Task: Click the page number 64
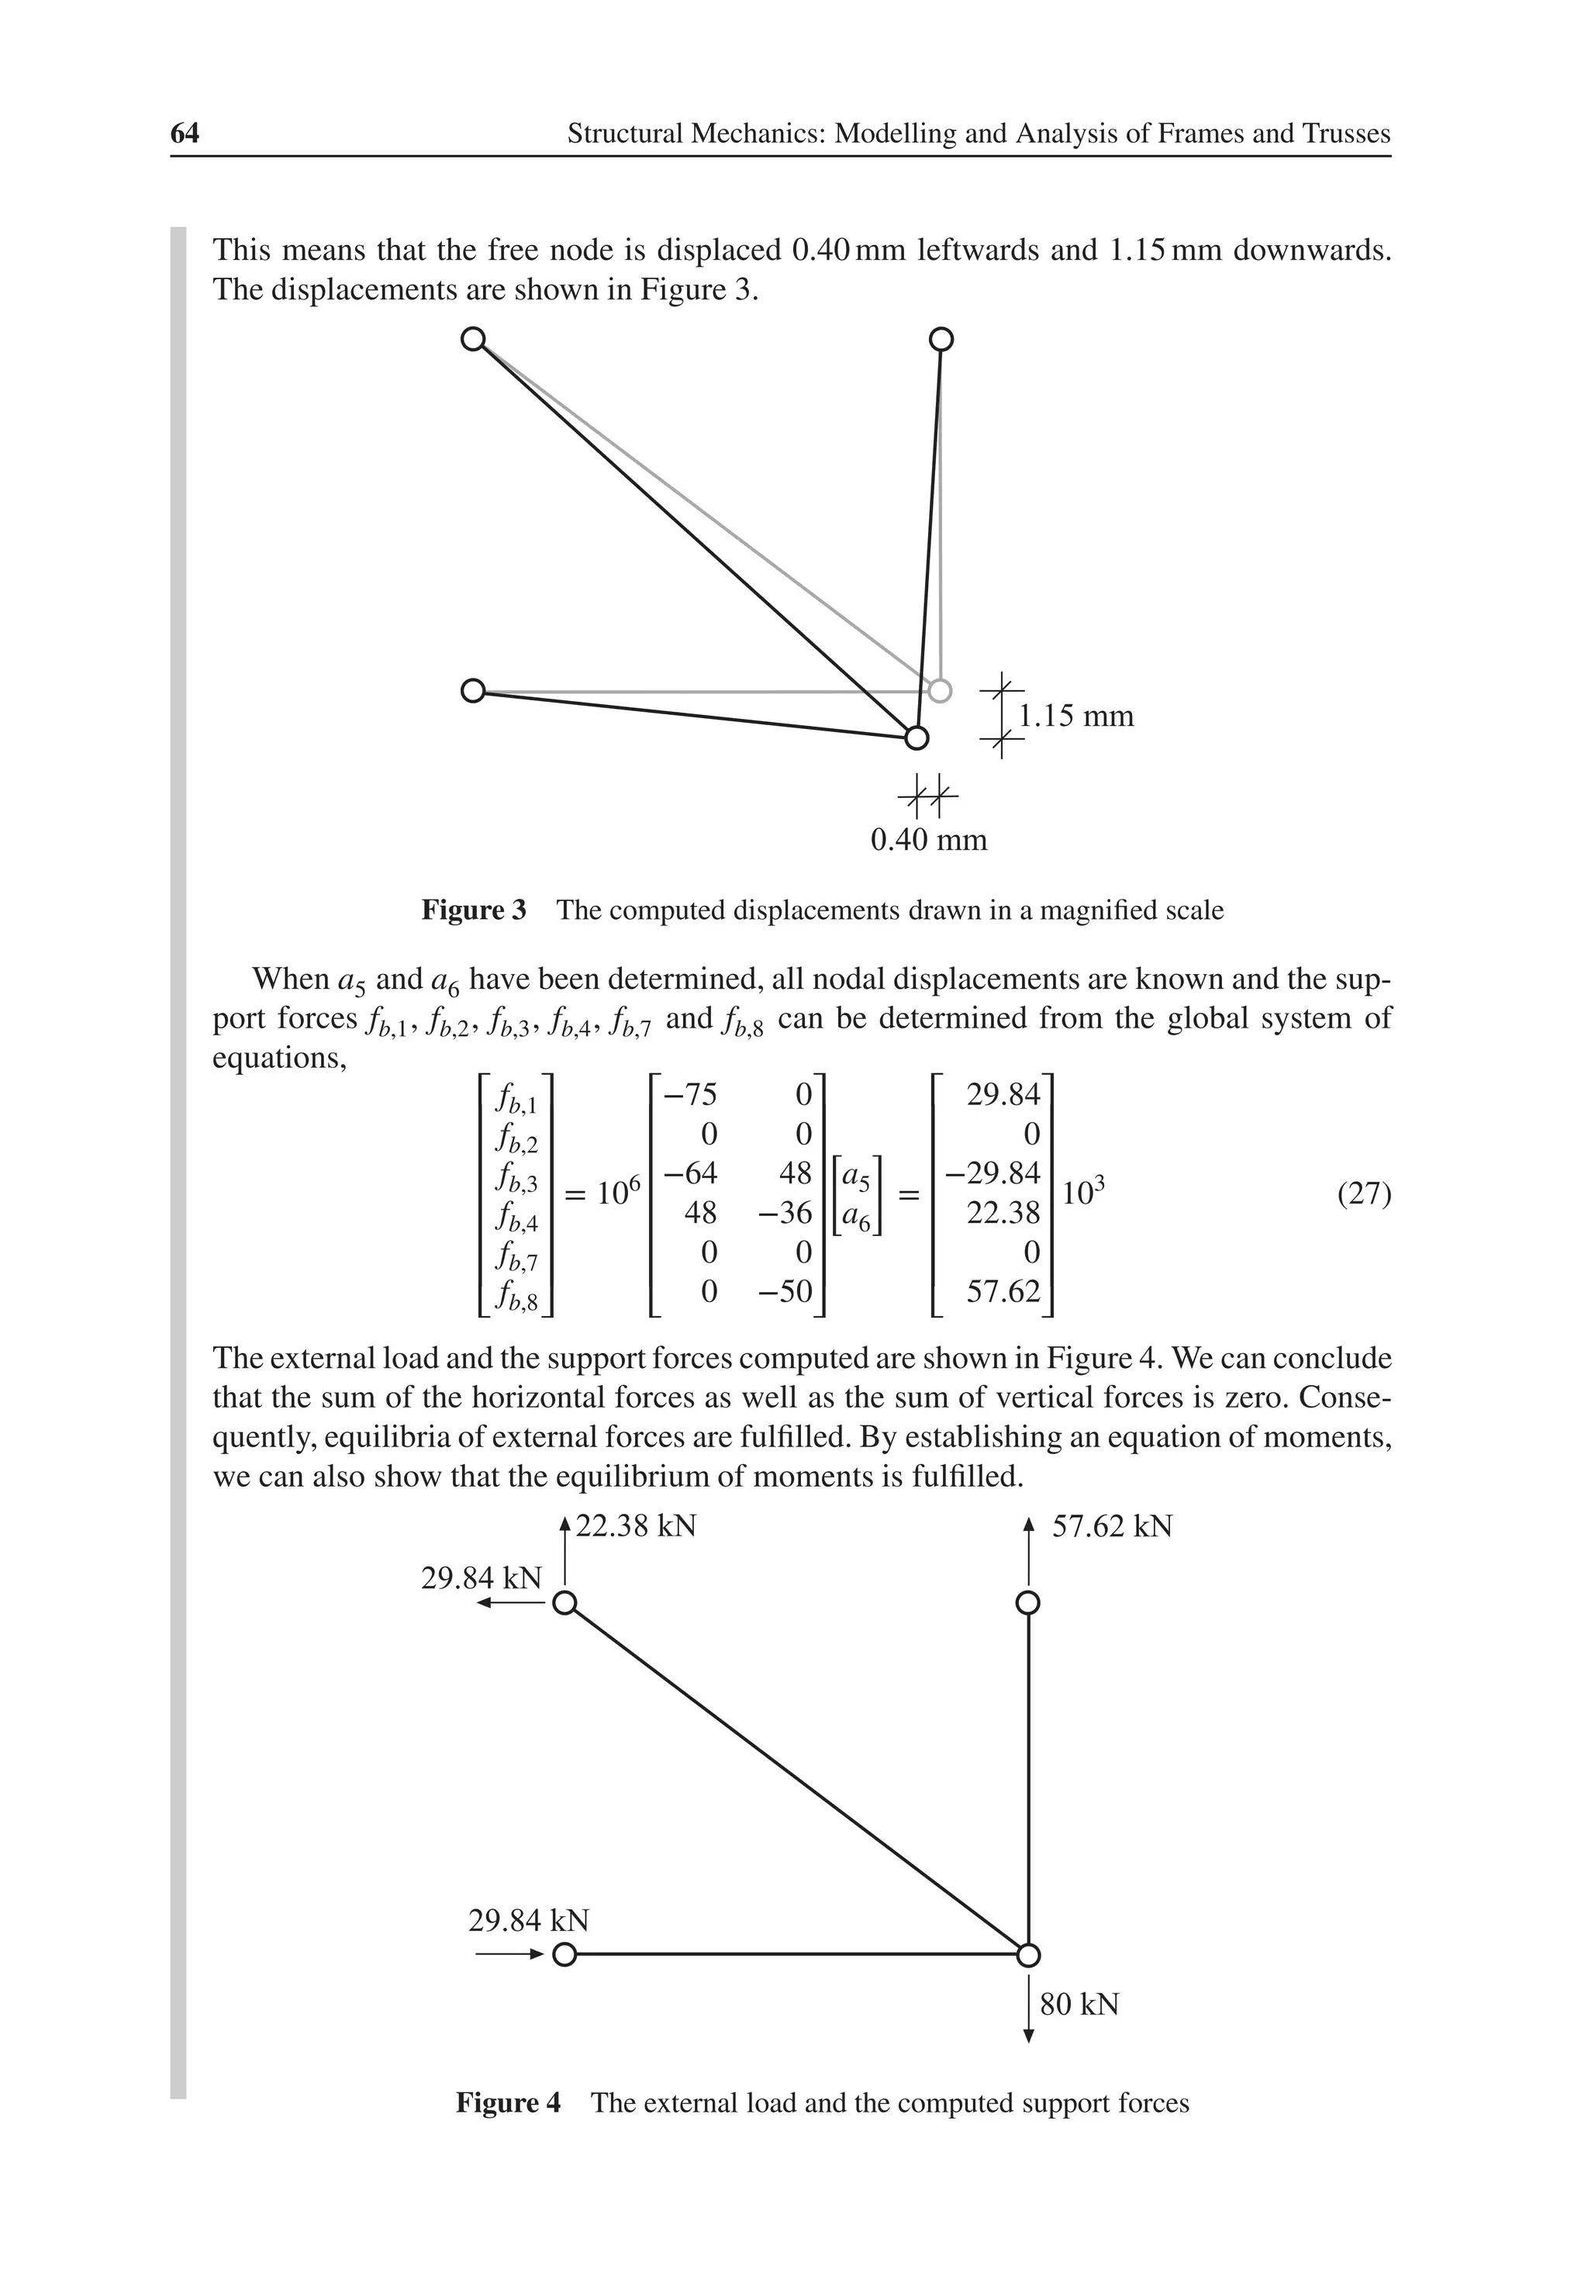[185, 133]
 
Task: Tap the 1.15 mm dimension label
[1075, 715]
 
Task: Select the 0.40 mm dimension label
[929, 840]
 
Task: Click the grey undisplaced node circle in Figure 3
[940, 689]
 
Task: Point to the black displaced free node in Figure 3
[917, 737]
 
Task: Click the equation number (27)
[1364, 1193]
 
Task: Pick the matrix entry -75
[689, 1094]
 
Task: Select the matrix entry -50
[785, 1291]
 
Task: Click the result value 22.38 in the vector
[1003, 1212]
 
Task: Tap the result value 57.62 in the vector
[1003, 1291]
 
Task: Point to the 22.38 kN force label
[636, 1525]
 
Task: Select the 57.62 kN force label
[1112, 1525]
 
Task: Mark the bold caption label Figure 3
[474, 910]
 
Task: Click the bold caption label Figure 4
[507, 2102]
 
